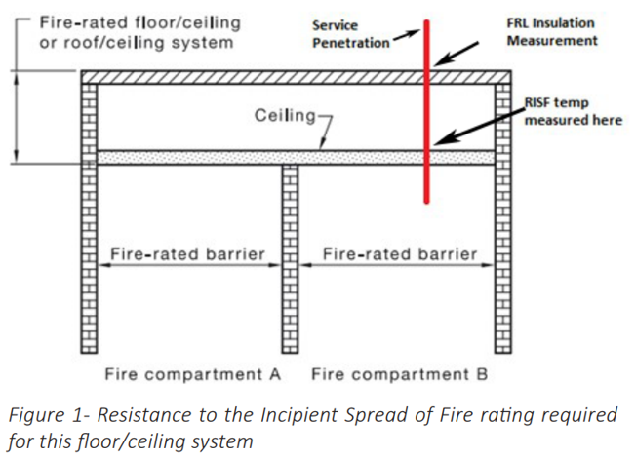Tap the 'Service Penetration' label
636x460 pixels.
pyautogui.click(x=349, y=35)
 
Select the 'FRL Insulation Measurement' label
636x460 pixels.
pyautogui.click(x=550, y=32)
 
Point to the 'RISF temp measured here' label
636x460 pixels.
pyautogui.click(x=571, y=111)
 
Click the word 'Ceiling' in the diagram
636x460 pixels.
pyautogui.click(x=284, y=116)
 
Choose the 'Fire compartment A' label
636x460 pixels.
pyautogui.click(x=192, y=374)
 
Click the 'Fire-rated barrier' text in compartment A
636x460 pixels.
pyautogui.click(x=187, y=254)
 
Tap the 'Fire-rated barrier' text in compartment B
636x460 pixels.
pyautogui.click(x=400, y=254)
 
